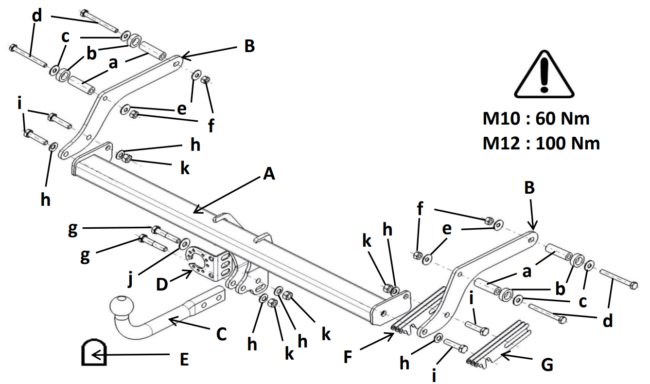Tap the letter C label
(x=222, y=334)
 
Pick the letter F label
(x=348, y=357)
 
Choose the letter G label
(x=547, y=365)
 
